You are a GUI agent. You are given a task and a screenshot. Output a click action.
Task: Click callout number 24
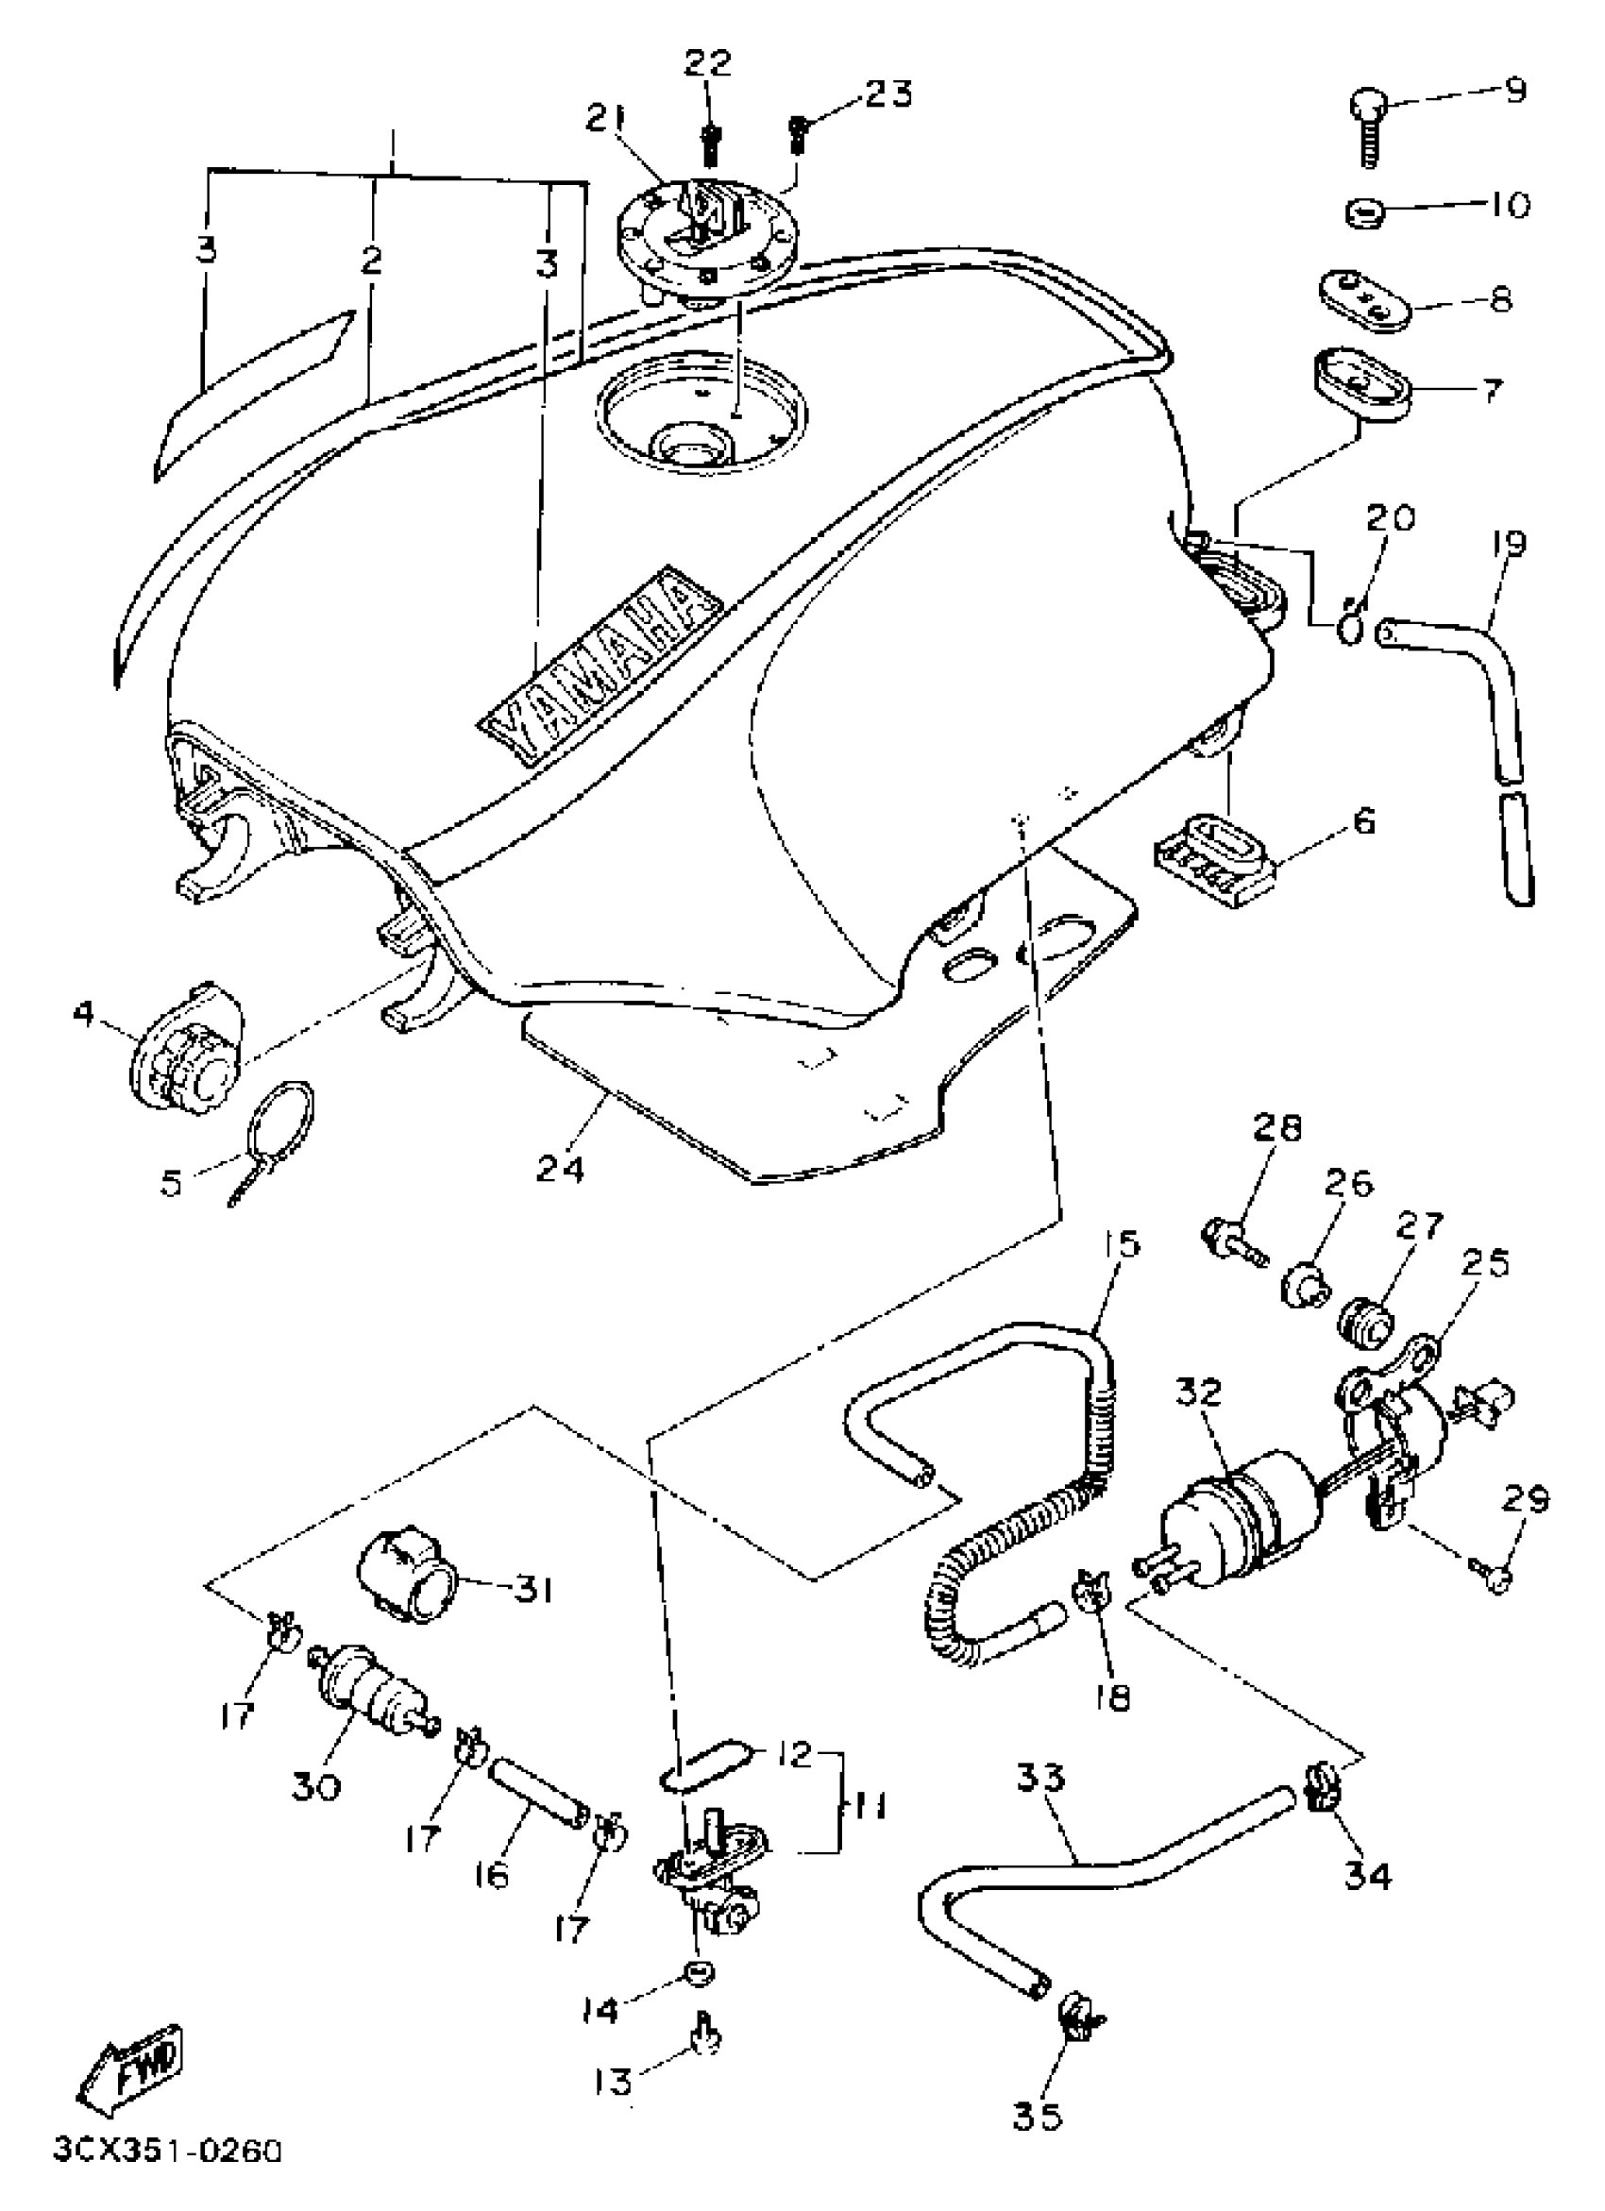tap(560, 1167)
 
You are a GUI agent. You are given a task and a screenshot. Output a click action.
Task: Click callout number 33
tap(1040, 1777)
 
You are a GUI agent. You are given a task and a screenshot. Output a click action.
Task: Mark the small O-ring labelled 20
tap(1348, 630)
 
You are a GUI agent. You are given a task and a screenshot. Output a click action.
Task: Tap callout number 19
tap(1509, 544)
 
